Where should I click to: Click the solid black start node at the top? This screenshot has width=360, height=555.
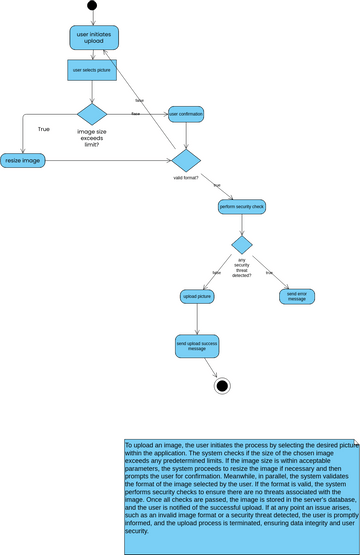click(x=92, y=6)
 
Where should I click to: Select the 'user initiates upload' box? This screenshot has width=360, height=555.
click(x=92, y=39)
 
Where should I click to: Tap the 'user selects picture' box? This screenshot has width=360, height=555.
click(x=92, y=71)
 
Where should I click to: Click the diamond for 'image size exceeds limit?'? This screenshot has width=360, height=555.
click(x=92, y=114)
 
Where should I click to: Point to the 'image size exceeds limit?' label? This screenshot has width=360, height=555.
click(x=91, y=137)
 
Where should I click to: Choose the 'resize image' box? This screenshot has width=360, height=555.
click(x=22, y=160)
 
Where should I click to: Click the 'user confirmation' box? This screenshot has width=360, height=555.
click(x=186, y=114)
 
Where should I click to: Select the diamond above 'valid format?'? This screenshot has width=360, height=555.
click(x=186, y=160)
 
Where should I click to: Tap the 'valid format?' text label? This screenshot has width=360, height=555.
click(x=185, y=179)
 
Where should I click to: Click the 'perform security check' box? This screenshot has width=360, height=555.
click(x=242, y=207)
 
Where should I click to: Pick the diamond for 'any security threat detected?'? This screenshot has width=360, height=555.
click(x=242, y=245)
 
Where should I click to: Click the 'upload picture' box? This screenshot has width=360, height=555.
click(x=197, y=297)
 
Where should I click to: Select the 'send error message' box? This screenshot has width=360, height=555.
click(x=296, y=297)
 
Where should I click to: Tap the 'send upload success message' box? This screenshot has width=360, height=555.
click(x=197, y=346)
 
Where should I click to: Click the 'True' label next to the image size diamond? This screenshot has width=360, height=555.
click(x=44, y=129)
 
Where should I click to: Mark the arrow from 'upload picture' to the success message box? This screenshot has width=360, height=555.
click(x=197, y=320)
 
